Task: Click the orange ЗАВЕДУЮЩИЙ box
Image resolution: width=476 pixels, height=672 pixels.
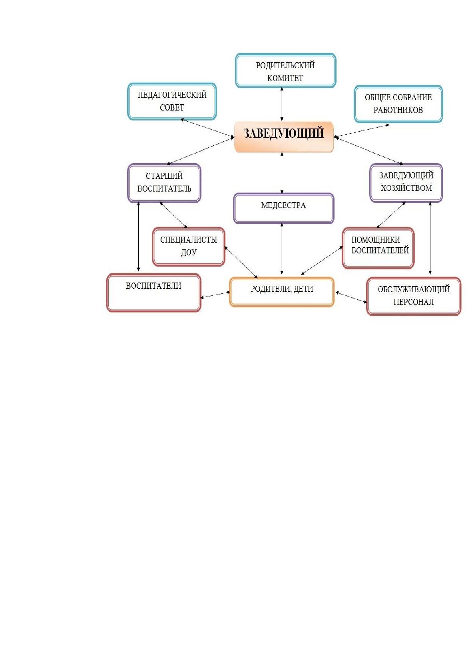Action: (x=284, y=137)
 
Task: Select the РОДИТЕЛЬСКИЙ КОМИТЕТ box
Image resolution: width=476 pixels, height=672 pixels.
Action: (x=285, y=71)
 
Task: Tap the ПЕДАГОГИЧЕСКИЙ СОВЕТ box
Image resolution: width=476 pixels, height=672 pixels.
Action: (x=172, y=101)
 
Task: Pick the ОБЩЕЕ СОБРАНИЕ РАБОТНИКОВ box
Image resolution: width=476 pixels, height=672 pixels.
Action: (x=398, y=104)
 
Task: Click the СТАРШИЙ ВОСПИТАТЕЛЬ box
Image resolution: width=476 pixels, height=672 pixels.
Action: (x=164, y=183)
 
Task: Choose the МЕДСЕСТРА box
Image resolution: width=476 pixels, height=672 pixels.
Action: (x=284, y=208)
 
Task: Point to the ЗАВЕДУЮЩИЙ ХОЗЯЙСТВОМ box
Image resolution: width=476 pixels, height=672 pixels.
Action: (x=406, y=183)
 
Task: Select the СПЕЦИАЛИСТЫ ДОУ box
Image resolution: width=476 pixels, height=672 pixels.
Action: (x=188, y=247)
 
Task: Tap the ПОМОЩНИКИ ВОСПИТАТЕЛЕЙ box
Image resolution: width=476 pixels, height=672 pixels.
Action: (x=378, y=248)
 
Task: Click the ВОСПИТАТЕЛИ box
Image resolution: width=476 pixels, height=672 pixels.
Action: (x=153, y=293)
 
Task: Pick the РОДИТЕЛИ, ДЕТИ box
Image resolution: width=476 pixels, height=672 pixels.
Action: (x=282, y=292)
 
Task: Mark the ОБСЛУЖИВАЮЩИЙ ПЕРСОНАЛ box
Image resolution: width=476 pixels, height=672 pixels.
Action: (x=414, y=296)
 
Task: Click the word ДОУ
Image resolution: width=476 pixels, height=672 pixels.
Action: (x=188, y=253)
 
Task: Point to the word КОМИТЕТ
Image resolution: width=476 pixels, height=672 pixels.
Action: (x=285, y=78)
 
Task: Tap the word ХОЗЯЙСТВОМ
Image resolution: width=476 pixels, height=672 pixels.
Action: (x=406, y=188)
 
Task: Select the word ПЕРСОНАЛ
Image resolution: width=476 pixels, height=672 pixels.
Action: (x=414, y=302)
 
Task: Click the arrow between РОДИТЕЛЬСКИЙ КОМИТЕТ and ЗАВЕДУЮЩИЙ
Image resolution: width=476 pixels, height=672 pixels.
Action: (x=282, y=104)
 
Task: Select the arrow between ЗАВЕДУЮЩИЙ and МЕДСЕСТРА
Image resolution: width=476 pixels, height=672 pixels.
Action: (x=282, y=173)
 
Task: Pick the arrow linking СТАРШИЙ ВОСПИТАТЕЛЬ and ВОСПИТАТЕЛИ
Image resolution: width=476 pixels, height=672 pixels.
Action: (x=138, y=237)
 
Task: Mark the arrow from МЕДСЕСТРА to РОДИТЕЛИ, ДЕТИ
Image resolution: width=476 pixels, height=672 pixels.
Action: (x=282, y=249)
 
